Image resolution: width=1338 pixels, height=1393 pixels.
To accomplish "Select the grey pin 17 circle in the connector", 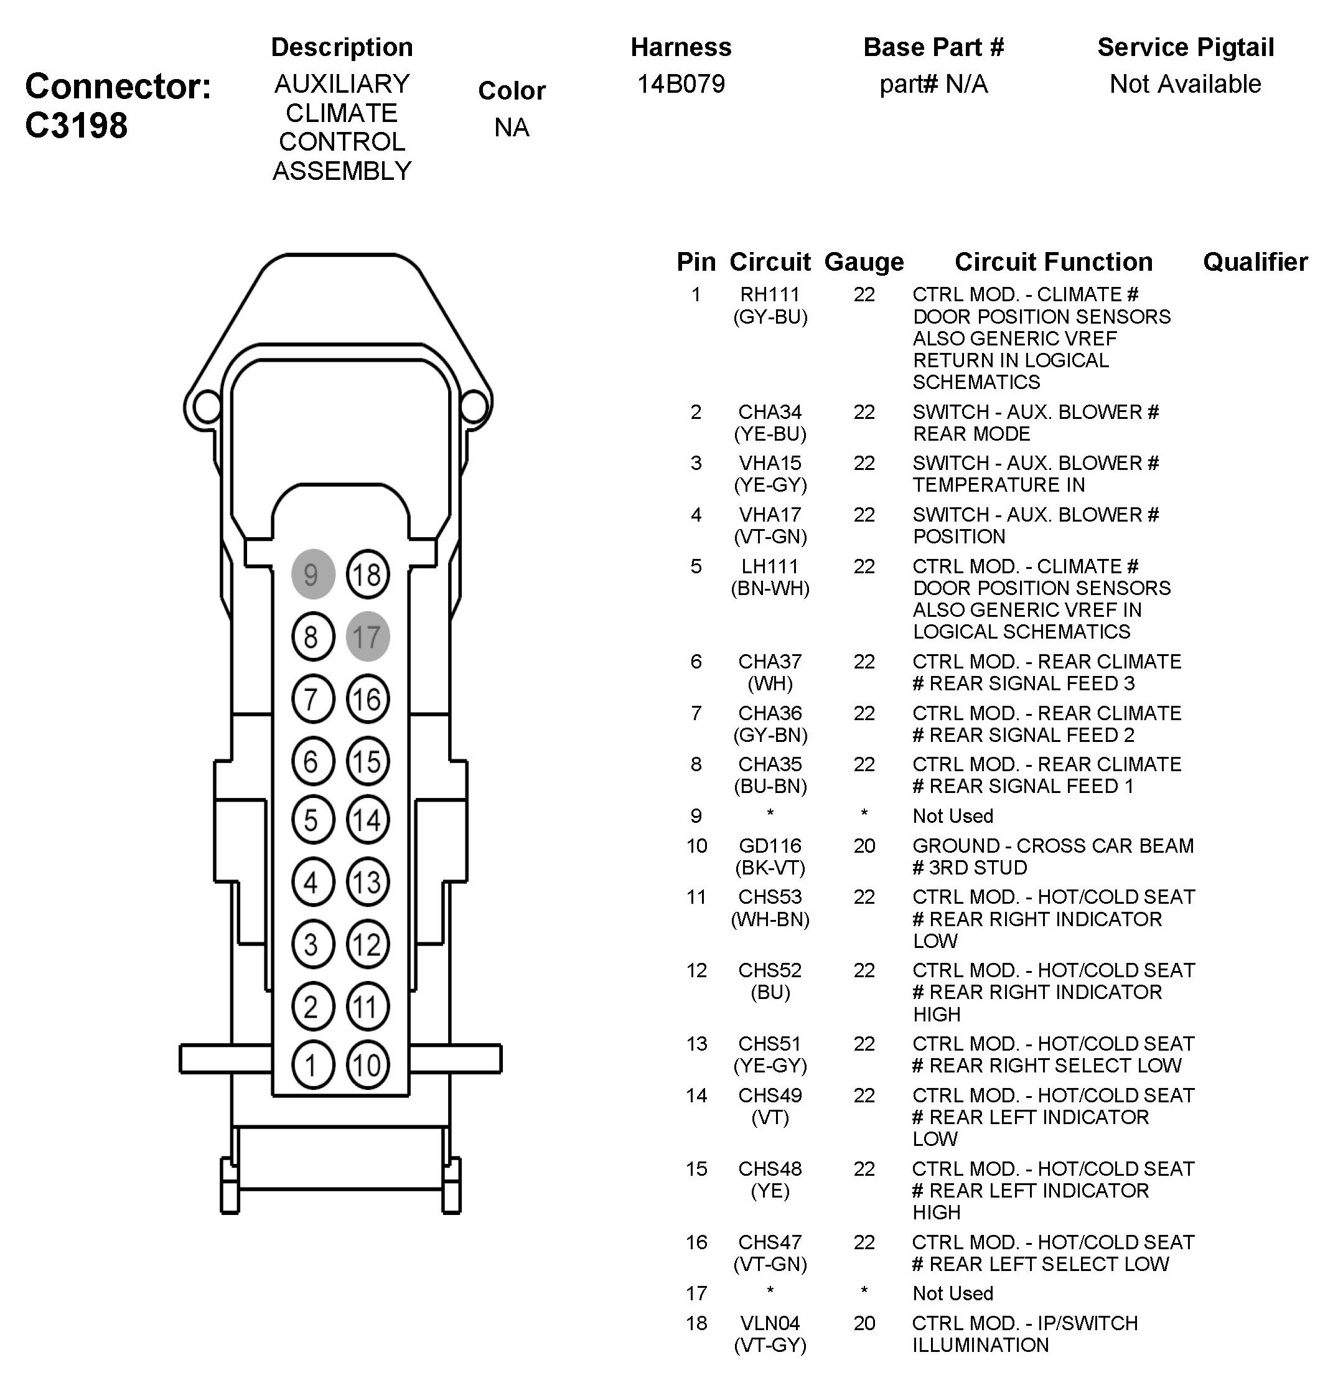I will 367,636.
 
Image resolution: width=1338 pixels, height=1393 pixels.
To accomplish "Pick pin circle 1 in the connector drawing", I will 312,1064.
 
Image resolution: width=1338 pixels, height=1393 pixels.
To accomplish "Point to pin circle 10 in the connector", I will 367,1064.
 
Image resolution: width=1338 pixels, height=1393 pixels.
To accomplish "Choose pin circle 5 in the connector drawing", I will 312,820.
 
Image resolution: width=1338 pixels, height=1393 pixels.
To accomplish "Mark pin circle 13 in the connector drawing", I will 367,882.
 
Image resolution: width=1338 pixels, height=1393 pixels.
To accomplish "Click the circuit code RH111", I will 770,294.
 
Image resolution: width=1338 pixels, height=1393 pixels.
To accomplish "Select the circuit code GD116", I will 770,846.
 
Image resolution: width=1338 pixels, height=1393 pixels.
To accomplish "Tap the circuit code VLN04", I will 770,1323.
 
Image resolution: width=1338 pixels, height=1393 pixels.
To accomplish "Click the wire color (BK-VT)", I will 770,868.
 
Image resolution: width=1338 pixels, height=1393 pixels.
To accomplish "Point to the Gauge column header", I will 863,262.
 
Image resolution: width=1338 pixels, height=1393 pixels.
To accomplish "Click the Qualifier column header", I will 1255,262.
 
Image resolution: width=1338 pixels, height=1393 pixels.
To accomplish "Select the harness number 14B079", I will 681,84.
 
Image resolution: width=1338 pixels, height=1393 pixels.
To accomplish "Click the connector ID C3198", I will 76,125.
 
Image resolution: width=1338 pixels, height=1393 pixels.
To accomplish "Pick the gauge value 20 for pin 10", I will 864,846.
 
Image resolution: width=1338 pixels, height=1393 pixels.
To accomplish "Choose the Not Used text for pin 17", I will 952,1293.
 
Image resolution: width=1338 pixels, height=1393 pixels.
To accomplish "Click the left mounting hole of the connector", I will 207,406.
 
